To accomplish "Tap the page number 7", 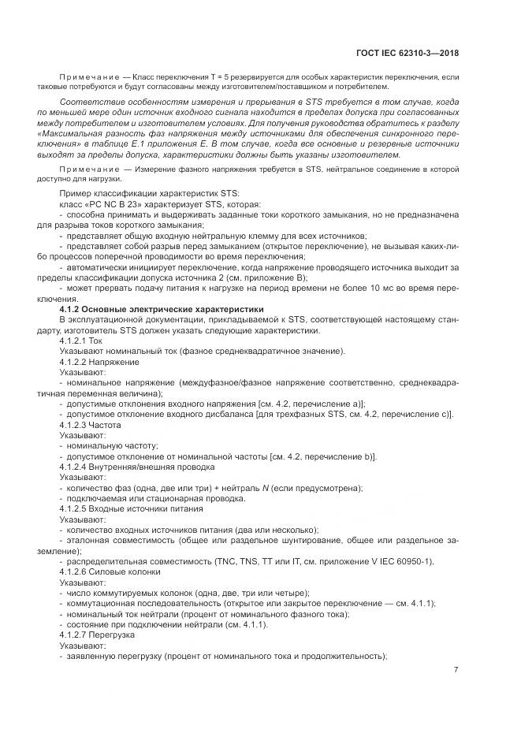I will [456, 670].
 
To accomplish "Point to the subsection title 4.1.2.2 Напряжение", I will [99, 362].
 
